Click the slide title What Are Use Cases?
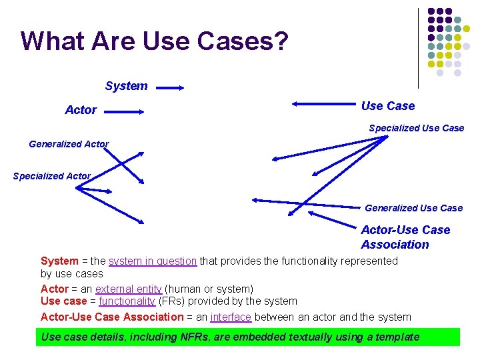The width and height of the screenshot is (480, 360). pos(155,41)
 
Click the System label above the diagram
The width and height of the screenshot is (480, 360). pos(126,86)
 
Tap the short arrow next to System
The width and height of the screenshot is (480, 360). pos(171,87)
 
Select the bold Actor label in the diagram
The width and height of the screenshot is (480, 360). pos(81,110)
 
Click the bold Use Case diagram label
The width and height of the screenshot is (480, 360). pos(387,106)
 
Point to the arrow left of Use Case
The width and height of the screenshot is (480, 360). pos(323,103)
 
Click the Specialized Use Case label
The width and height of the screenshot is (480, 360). pos(416,128)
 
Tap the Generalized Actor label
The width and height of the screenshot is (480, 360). pos(69,144)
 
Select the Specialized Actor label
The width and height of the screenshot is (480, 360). pos(51,176)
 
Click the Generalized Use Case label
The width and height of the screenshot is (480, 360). pos(413,208)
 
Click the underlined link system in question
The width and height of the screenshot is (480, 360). pos(153,261)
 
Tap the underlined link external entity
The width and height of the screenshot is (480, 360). pos(129,289)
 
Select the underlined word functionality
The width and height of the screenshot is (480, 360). pos(127,301)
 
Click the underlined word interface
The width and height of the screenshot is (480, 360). pos(231,317)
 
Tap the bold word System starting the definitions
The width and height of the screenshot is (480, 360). pos(59,261)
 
